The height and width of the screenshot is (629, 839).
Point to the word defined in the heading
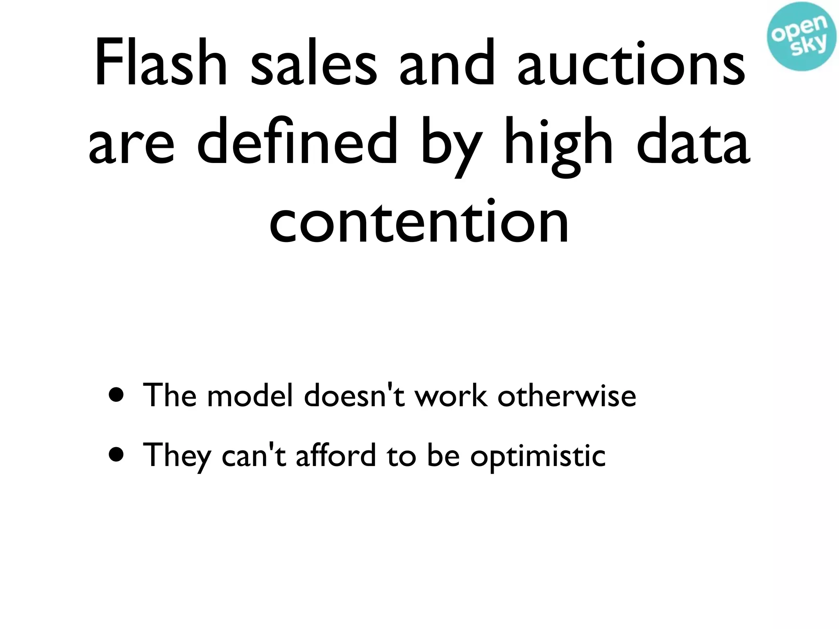[297, 141]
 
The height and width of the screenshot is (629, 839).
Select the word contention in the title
[419, 221]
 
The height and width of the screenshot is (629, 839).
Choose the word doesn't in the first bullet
[355, 396]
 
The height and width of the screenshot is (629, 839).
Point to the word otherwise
[567, 396]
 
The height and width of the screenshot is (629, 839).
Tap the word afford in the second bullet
[336, 455]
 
